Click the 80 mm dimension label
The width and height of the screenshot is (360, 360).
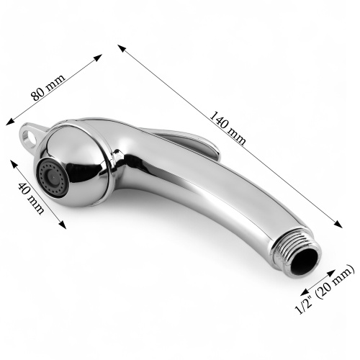[48, 88]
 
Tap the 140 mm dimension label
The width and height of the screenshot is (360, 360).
[228, 128]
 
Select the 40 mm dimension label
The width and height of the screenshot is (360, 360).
[31, 199]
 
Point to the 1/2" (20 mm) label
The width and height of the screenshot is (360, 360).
[325, 289]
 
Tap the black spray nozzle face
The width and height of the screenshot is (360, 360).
[53, 178]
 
